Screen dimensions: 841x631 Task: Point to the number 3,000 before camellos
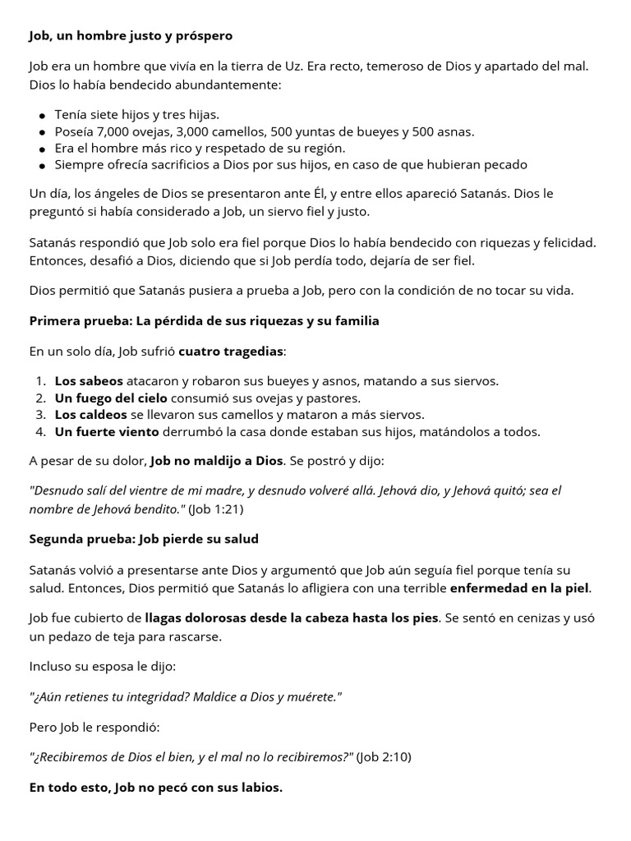[x=196, y=131]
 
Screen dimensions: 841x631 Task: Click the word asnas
[x=455, y=131]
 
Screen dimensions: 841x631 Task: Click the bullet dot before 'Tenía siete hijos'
[x=42, y=116]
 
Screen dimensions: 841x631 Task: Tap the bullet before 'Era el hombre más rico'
[x=42, y=149]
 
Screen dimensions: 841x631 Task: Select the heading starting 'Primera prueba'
[x=204, y=321]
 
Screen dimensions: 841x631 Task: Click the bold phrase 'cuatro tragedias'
[x=230, y=352]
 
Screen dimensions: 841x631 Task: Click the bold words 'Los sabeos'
[x=89, y=381]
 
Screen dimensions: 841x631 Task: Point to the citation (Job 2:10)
[x=384, y=757]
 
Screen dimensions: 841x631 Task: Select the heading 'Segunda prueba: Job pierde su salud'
[x=144, y=540]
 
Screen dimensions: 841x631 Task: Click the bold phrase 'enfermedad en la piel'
[x=520, y=588]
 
